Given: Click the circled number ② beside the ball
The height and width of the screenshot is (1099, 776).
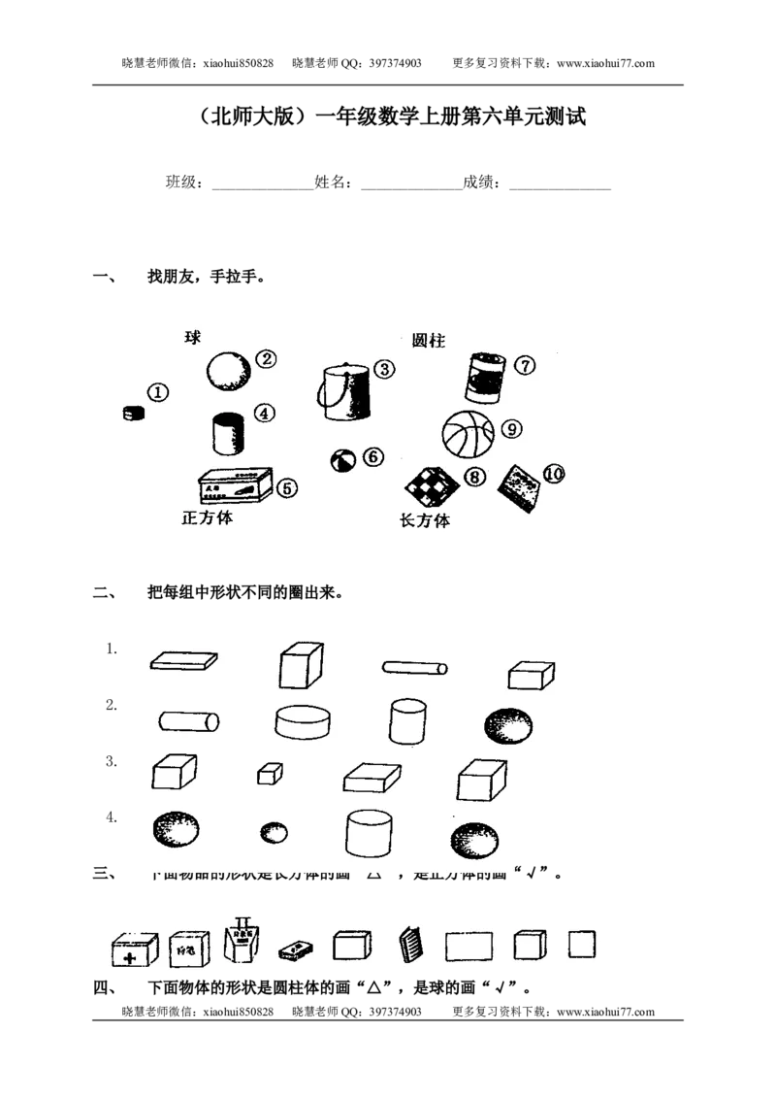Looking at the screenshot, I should (266, 358).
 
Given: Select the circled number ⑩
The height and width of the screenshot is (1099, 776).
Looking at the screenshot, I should (554, 473).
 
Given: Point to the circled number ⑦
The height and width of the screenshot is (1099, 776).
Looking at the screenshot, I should (524, 365).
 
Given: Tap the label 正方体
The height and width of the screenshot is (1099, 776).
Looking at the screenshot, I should (207, 517).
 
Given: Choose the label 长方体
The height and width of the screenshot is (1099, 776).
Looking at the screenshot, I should (425, 520).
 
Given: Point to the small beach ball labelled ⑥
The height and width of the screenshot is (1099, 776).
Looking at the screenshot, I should (341, 460).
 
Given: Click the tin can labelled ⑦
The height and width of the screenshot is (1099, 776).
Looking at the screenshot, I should (484, 377).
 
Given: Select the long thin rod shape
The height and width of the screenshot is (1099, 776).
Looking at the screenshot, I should (414, 668).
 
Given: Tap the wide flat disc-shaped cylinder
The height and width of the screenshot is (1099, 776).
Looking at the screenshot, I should (305, 721).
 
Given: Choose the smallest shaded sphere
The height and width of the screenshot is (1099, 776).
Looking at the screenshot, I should (274, 832).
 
